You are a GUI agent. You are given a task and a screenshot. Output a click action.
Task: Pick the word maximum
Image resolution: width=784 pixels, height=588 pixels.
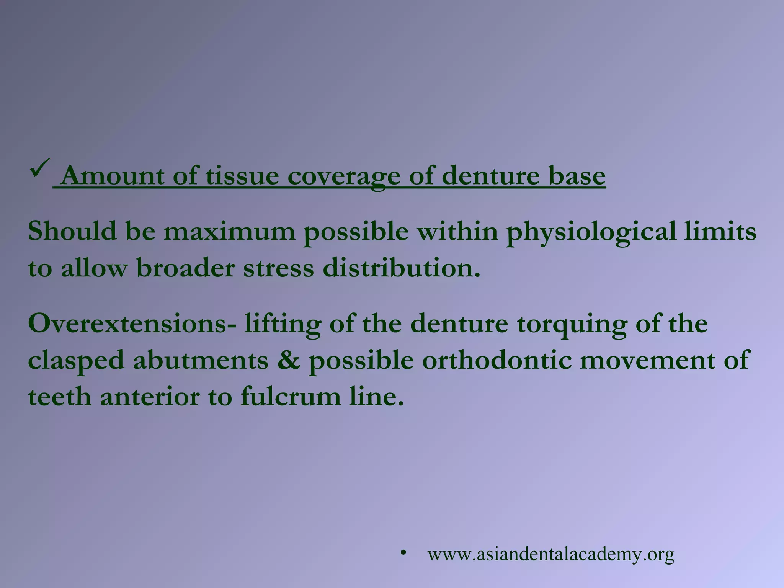point(230,232)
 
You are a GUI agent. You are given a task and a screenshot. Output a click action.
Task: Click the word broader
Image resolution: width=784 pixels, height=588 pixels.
point(186,268)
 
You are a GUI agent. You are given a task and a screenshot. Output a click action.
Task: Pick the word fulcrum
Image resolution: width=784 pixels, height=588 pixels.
point(291,397)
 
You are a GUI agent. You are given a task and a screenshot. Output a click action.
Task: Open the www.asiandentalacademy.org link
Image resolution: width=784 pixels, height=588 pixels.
point(551,554)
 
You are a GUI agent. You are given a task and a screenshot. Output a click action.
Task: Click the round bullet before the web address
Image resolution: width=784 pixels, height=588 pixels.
point(403,552)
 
